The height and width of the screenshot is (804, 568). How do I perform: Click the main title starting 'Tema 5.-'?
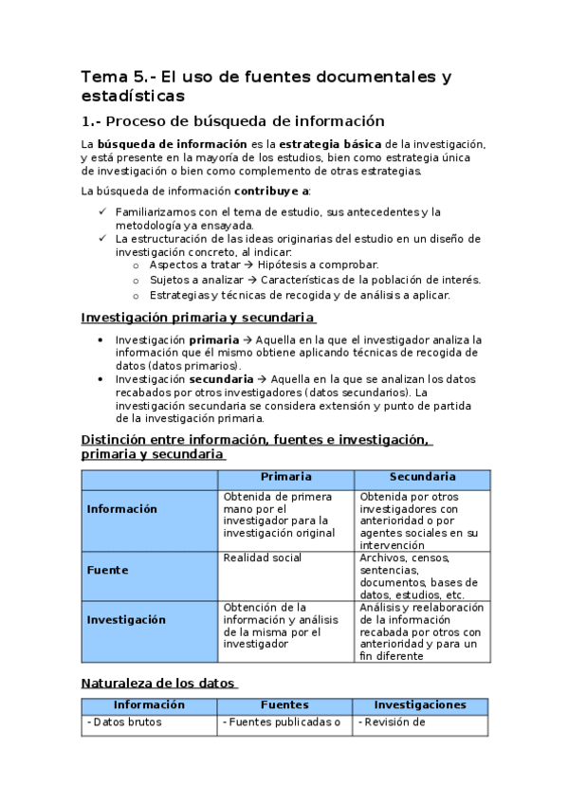(266, 85)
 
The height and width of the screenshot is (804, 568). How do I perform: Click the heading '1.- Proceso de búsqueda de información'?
(232, 121)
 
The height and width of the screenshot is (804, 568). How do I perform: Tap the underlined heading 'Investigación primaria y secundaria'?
(198, 318)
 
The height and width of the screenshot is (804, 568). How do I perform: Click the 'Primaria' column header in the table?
(286, 477)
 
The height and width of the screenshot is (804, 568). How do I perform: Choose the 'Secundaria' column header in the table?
(422, 477)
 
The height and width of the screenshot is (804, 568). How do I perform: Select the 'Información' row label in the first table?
(121, 509)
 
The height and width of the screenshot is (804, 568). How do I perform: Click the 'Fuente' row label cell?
(107, 570)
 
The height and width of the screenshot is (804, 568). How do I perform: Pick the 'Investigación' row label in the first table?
(125, 619)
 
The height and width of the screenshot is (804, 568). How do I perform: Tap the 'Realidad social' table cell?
(262, 558)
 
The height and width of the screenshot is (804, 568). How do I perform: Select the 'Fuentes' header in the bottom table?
(284, 705)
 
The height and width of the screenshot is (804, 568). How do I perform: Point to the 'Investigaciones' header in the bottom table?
(420, 705)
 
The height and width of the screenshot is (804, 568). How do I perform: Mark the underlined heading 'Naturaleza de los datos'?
(158, 682)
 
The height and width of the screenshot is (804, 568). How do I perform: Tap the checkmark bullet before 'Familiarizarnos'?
(102, 211)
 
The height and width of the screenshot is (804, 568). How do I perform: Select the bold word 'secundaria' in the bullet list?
(218, 378)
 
